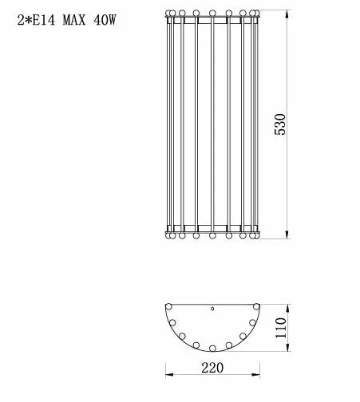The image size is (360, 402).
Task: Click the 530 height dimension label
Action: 280,124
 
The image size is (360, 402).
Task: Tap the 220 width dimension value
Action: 212,368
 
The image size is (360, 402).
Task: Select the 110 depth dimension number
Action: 281,328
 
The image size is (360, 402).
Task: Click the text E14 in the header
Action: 44,20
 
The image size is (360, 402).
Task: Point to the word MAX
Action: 74,20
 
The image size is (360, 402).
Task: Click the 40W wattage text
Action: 105,20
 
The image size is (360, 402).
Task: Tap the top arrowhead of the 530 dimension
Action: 287,14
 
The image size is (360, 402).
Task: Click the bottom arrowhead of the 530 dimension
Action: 287,235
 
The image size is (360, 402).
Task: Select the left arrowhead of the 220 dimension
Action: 169,375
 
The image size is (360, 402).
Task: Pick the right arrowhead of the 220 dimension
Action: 255,375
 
